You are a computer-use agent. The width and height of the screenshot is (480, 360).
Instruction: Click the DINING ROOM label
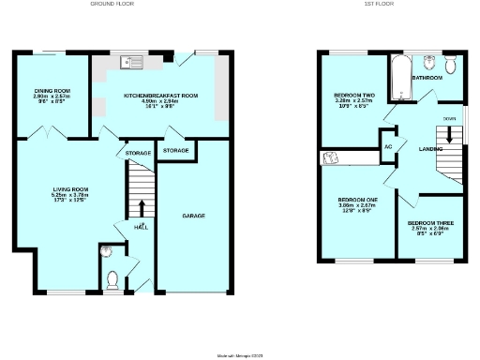click(x=53, y=91)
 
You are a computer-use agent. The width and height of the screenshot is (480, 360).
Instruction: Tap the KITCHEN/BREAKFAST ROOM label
click(x=161, y=96)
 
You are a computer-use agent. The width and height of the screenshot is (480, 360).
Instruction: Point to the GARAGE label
click(x=194, y=216)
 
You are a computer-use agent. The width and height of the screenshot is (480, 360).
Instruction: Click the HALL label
click(x=141, y=227)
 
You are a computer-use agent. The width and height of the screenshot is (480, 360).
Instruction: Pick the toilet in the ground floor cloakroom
click(x=112, y=279)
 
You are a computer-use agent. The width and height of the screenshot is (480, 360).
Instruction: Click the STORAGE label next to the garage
click(x=175, y=151)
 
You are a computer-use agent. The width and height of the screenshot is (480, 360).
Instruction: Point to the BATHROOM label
click(x=427, y=78)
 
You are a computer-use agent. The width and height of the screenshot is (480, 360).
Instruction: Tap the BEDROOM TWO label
click(x=354, y=96)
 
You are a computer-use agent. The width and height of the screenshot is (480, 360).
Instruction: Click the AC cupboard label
click(x=388, y=147)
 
